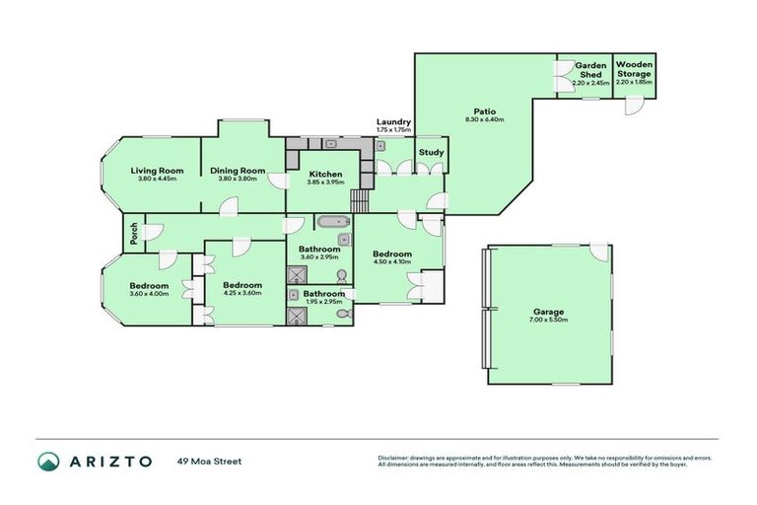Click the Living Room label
[158, 170]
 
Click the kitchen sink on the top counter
[331, 144]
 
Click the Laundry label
[393, 122]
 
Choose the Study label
[431, 152]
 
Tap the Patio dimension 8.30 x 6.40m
[484, 119]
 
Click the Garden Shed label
[589, 70]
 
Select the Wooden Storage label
[634, 69]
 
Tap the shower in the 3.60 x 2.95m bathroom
[297, 274]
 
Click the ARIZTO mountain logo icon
[48, 461]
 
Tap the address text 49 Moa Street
[210, 461]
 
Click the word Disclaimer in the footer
[392, 458]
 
